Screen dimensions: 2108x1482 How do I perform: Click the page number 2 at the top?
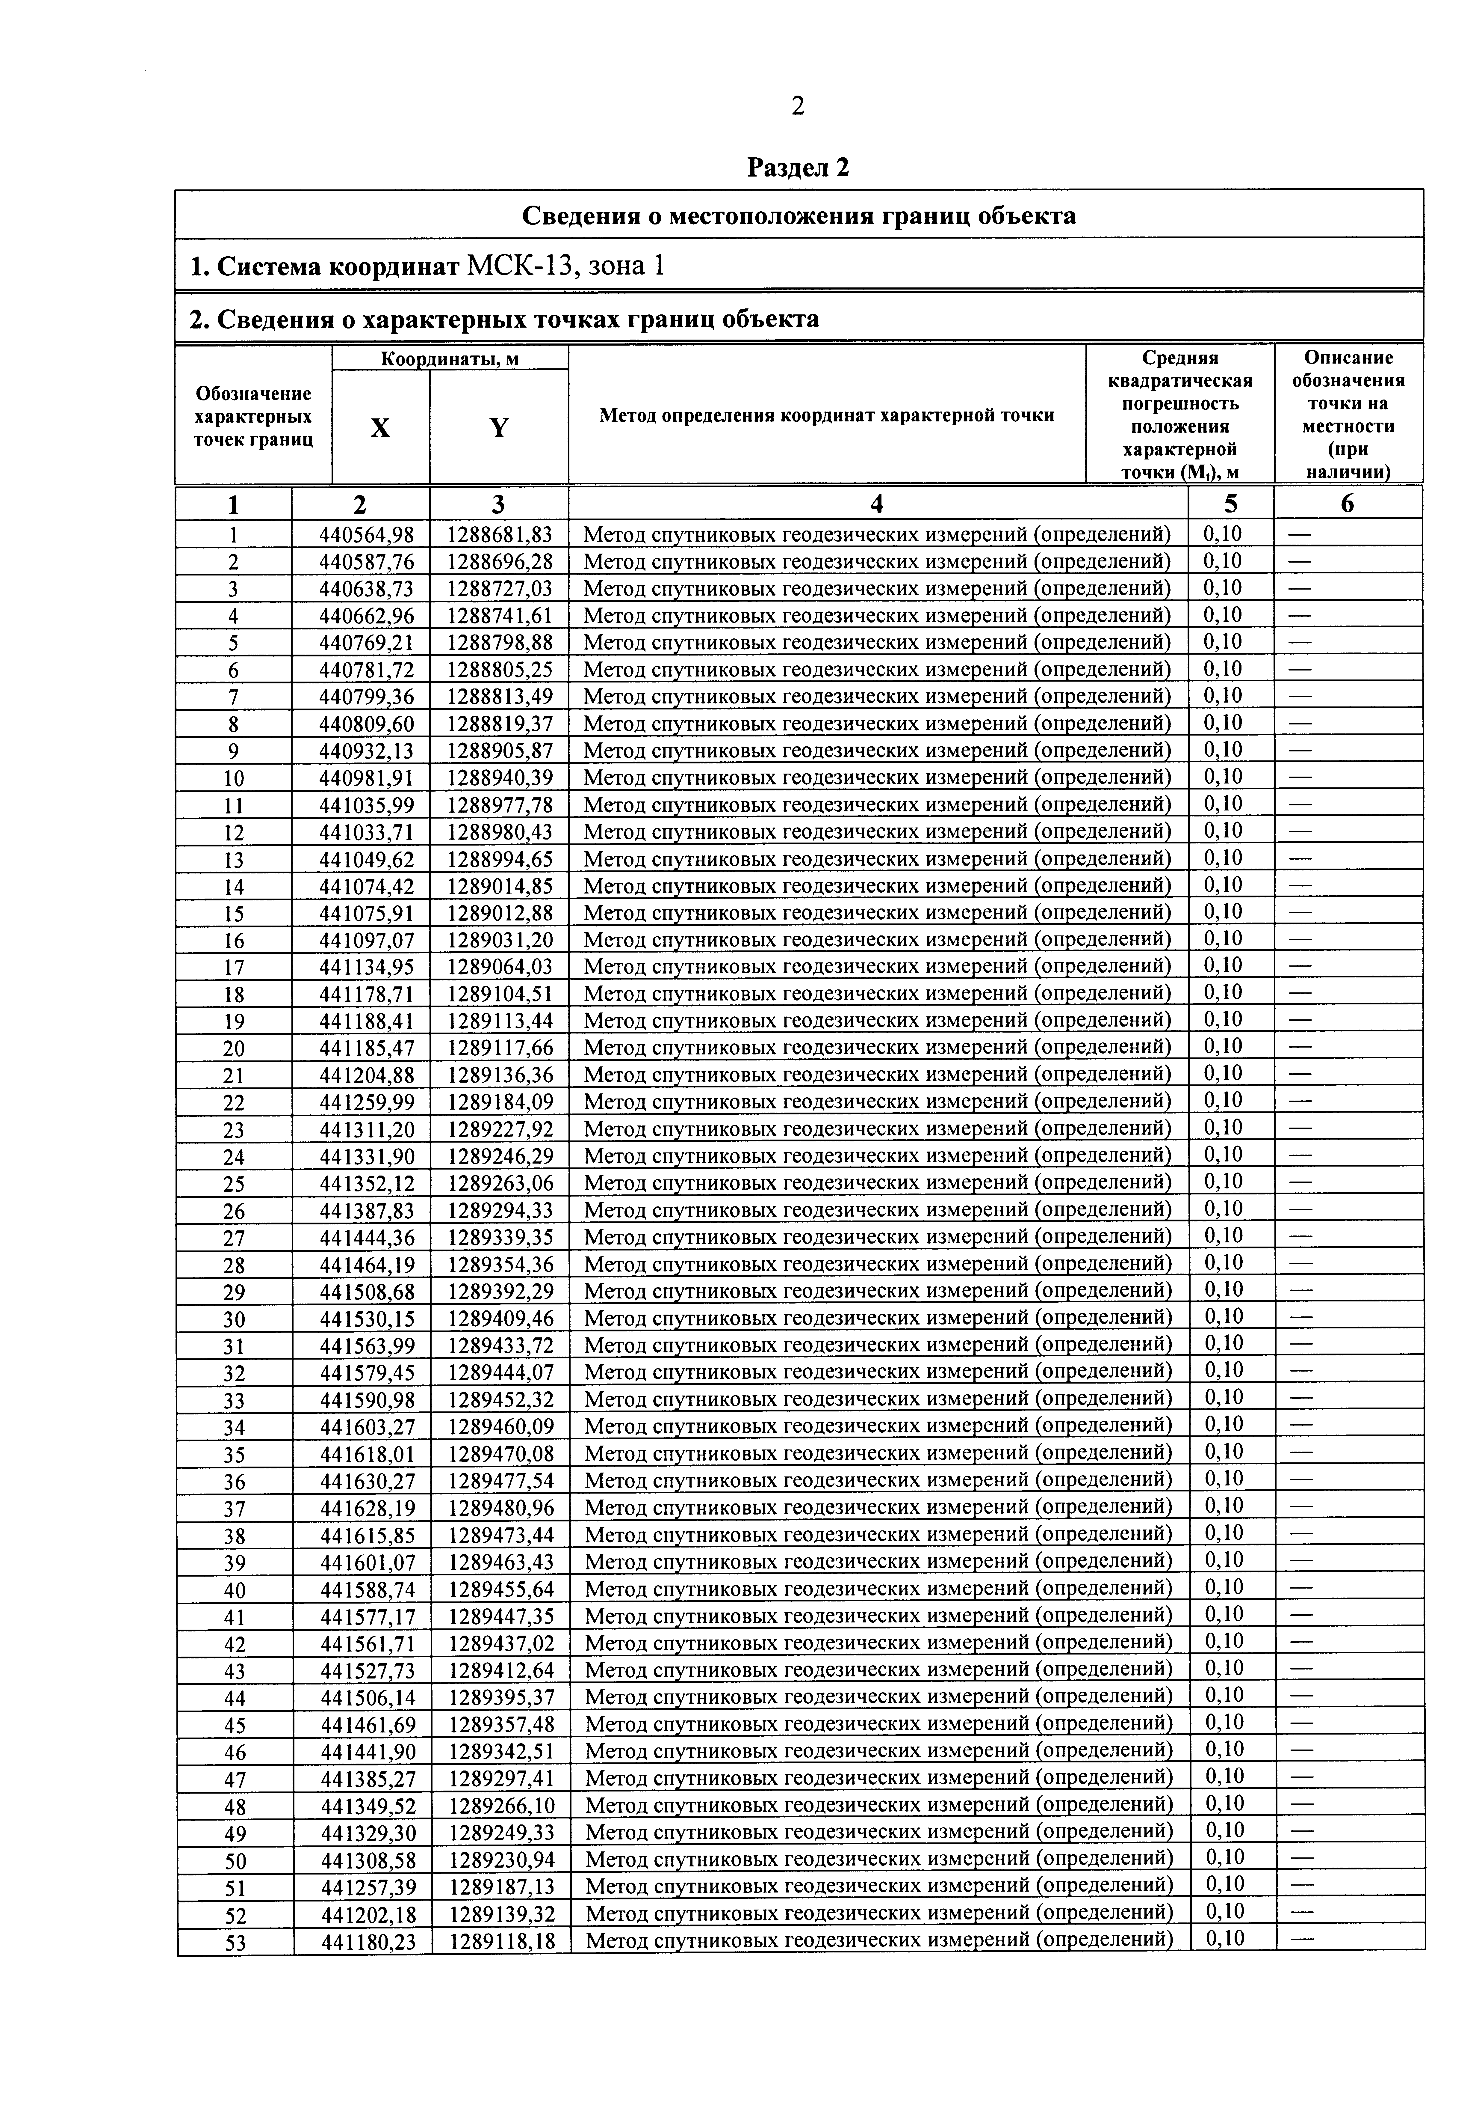click(x=797, y=107)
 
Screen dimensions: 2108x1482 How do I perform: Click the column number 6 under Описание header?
click(x=1347, y=503)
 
